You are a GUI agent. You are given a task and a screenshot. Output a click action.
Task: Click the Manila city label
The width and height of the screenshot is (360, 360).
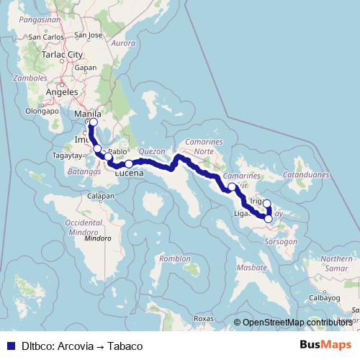pos(86,114)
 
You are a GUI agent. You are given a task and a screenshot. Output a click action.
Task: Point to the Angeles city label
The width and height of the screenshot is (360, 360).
pos(61,92)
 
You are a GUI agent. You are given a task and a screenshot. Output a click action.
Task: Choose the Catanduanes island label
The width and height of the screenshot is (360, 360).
pos(307,174)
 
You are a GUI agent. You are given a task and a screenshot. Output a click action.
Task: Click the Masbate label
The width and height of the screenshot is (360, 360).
pos(252,267)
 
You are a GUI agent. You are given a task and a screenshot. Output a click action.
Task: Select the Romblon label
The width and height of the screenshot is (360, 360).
pos(176,258)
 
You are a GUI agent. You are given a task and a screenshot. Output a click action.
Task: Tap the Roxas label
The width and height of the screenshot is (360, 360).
pos(204,318)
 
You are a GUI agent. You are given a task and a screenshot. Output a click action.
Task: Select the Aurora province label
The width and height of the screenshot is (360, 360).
pos(124,43)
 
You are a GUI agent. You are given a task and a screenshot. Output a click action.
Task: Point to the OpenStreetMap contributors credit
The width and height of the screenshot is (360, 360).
pos(297,323)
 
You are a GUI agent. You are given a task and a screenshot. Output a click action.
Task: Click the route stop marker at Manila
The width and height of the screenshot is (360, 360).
pos(93,122)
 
